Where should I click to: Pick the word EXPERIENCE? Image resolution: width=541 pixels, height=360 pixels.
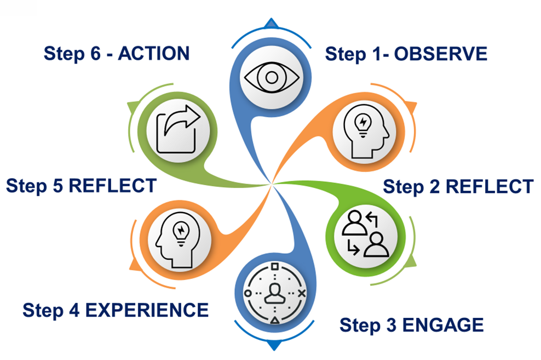coord(147,310)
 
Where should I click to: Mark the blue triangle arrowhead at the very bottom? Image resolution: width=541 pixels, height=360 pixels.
coord(272,346)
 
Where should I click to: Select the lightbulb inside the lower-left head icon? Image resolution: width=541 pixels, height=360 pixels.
coord(180,230)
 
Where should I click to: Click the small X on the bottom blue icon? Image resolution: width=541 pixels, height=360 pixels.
coord(302,294)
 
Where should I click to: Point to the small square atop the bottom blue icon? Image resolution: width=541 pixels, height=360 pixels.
coord(274,267)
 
